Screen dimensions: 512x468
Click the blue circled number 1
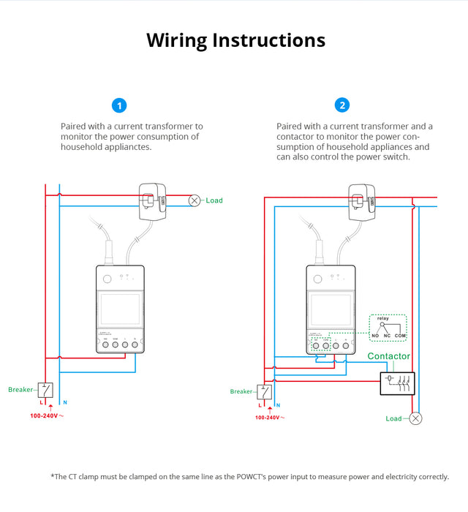pyautogui.click(x=119, y=105)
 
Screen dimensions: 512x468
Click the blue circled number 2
pyautogui.click(x=342, y=105)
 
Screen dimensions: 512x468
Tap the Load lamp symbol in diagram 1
pyautogui.click(x=195, y=200)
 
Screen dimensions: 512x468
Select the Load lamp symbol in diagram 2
pyautogui.click(x=415, y=418)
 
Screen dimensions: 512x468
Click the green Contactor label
pyautogui.click(x=388, y=357)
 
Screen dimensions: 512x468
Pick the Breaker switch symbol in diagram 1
pyautogui.click(x=45, y=390)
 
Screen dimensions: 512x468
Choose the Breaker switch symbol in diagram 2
pyautogui.click(x=264, y=392)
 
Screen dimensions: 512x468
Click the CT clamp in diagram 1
pyautogui.click(x=153, y=198)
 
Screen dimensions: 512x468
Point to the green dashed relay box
pyautogui.click(x=388, y=329)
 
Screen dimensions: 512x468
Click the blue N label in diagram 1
pyautogui.click(x=65, y=402)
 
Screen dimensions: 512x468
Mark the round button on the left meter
pyautogui.click(x=107, y=279)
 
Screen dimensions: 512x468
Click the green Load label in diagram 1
pyautogui.click(x=214, y=200)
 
